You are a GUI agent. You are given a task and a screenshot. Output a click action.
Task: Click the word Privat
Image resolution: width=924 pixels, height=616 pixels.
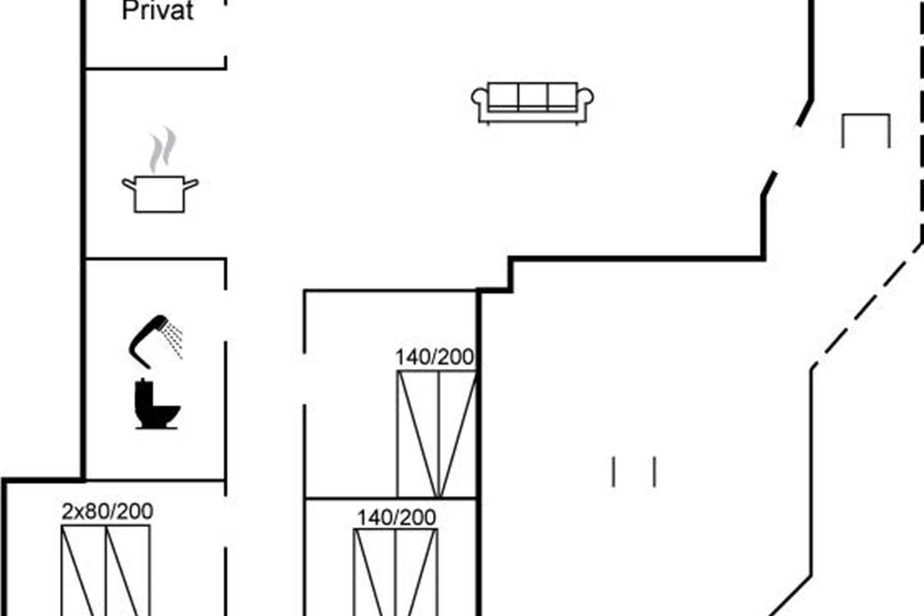point(158,11)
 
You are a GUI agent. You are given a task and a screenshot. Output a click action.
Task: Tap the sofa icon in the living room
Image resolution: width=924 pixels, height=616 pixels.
point(532,103)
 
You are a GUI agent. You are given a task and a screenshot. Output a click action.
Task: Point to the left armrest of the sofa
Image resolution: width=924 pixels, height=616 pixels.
point(480,103)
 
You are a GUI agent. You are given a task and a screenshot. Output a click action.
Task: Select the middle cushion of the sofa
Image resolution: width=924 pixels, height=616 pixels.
point(533,96)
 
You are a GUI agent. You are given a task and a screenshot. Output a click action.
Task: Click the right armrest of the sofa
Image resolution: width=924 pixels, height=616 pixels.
point(585,103)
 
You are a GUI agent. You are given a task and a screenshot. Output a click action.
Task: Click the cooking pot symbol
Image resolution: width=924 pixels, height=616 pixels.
point(159,193)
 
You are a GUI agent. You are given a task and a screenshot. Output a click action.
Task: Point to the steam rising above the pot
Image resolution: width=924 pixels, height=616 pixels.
point(163,149)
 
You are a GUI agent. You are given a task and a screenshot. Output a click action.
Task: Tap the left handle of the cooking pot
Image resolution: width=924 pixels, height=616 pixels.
point(129,184)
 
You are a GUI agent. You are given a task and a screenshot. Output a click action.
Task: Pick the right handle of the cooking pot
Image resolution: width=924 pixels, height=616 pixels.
point(191,184)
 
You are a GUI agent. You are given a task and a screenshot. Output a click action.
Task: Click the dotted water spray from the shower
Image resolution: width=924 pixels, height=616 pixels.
point(173,341)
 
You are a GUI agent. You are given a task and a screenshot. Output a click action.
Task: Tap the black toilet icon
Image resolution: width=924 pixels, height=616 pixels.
point(157,404)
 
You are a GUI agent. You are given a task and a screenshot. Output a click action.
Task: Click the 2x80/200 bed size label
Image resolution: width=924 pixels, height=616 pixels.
point(107,511)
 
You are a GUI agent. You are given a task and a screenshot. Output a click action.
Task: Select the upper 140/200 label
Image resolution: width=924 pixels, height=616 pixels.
point(435,357)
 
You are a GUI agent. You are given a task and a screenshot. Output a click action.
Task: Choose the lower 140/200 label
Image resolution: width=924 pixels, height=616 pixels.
point(397,517)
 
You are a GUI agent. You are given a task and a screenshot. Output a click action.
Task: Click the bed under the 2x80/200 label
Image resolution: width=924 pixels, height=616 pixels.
point(106,571)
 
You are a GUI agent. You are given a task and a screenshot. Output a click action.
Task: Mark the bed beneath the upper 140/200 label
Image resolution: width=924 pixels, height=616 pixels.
point(437,434)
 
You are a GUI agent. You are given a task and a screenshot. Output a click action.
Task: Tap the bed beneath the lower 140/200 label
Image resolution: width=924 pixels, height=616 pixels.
point(396,572)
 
